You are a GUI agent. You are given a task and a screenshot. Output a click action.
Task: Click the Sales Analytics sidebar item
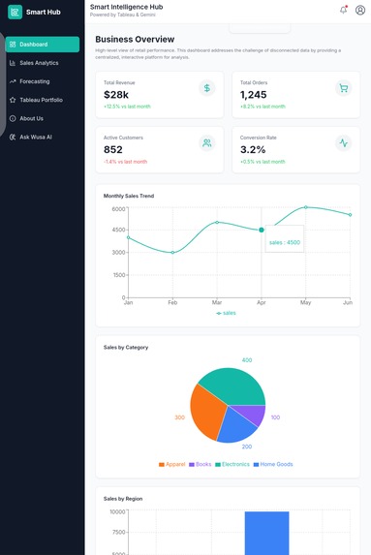(39, 63)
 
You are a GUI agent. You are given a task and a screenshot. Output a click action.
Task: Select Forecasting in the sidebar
(35, 81)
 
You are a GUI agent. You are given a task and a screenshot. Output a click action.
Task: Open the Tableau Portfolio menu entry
(41, 100)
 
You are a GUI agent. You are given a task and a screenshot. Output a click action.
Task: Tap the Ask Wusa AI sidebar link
(36, 137)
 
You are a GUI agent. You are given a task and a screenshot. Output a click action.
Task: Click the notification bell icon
(343, 10)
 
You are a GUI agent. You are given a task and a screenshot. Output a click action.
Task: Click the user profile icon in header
(360, 10)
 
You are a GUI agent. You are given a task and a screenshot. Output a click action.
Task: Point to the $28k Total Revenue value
(116, 95)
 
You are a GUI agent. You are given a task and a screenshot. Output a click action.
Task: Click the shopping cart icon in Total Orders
(343, 88)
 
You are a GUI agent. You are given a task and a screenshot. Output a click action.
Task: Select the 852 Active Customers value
(113, 150)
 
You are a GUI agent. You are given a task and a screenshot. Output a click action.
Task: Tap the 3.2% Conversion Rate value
(253, 150)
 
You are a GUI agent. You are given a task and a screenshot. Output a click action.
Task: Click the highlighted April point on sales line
(261, 230)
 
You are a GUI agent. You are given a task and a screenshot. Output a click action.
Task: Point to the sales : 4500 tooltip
(285, 242)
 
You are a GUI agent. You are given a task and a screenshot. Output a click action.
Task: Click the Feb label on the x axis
(172, 303)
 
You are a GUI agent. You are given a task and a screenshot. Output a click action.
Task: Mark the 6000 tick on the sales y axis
(117, 209)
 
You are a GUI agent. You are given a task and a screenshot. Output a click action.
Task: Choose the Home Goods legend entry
(275, 464)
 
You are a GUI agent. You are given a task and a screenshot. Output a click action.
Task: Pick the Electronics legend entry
(232, 464)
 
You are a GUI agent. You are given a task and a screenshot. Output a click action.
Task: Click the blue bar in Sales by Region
(266, 533)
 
